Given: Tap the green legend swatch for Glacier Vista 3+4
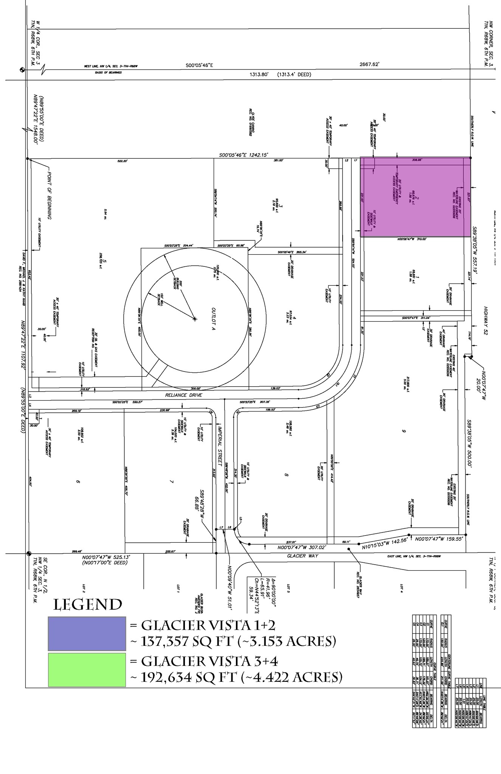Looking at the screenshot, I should [x=87, y=670].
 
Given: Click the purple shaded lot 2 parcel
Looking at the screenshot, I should [x=415, y=197].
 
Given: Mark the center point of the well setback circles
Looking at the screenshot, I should [x=195, y=319].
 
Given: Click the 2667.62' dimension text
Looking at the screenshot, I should [x=369, y=65].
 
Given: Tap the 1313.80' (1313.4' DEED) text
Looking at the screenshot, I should [x=280, y=74].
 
